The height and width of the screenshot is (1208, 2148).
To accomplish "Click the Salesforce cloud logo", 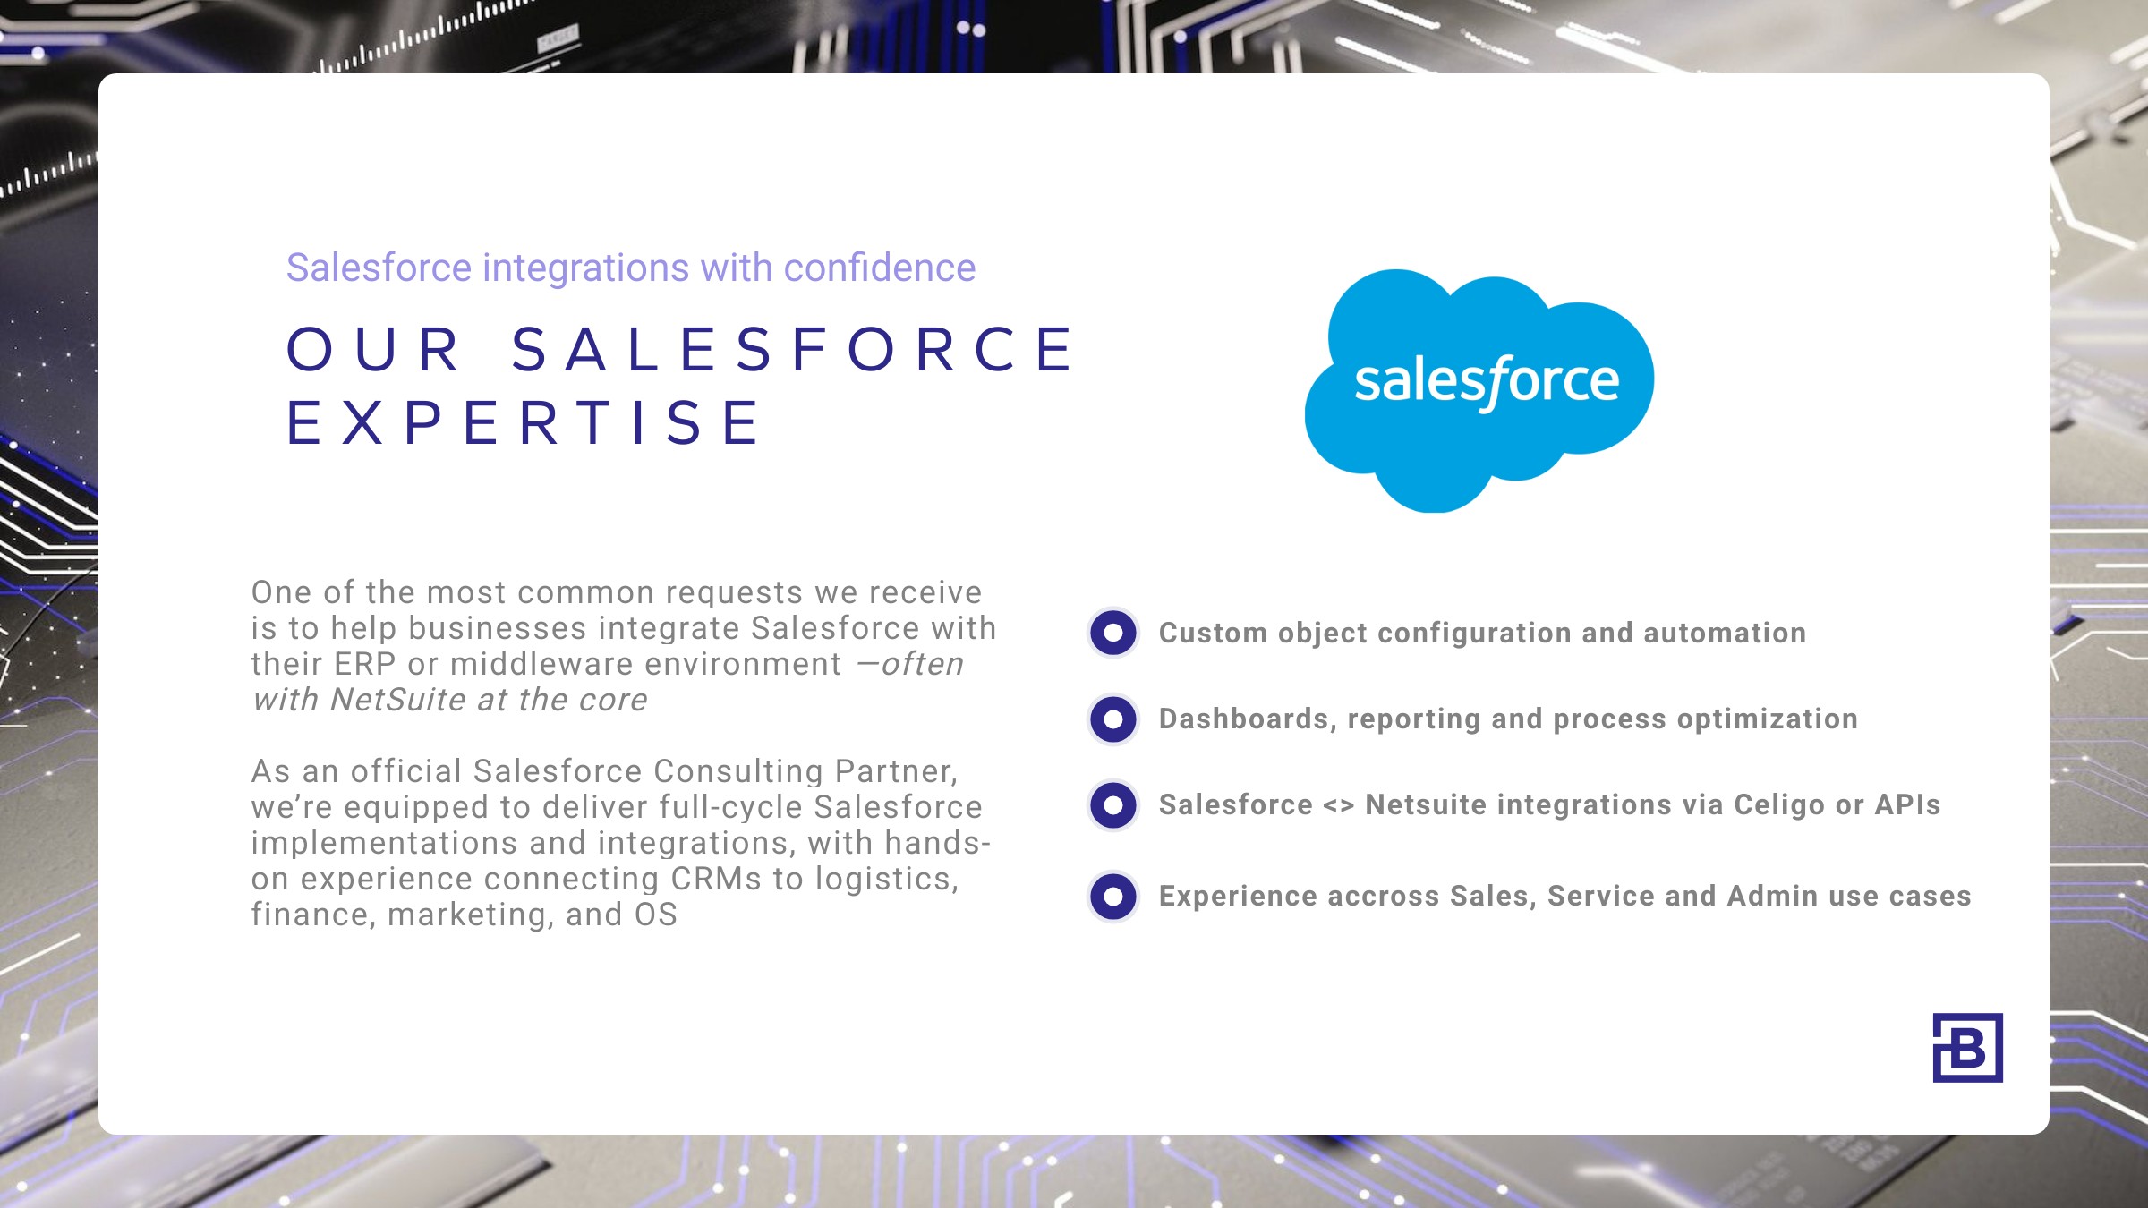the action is pos(1479,391).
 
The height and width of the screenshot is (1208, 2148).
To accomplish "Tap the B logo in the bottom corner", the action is pos(1967,1048).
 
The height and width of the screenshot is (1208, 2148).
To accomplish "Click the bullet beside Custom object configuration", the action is pos(1113,633).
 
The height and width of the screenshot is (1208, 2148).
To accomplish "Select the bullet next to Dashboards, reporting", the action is pos(1113,719).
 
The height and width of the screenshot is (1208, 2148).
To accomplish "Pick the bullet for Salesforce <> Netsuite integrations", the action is pos(1113,804).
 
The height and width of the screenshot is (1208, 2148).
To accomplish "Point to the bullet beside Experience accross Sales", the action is pos(1113,896).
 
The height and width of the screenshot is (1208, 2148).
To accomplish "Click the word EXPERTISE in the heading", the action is pos(524,422).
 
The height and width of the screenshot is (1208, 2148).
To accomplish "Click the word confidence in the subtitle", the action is pos(879,268).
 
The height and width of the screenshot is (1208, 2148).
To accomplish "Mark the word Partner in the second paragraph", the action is pos(896,771).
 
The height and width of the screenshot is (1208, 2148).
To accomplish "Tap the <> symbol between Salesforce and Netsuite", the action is pos(1339,805).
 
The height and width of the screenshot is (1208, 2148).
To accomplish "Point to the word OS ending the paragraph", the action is pos(656,915).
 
